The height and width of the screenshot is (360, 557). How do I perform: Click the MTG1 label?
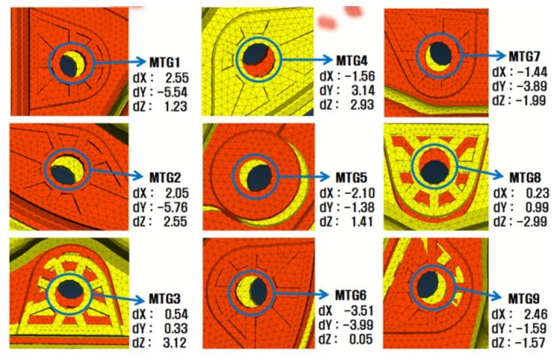[165, 63]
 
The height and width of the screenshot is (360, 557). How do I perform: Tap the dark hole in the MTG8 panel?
[433, 171]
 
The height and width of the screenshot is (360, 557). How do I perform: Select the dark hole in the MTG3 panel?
[67, 291]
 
